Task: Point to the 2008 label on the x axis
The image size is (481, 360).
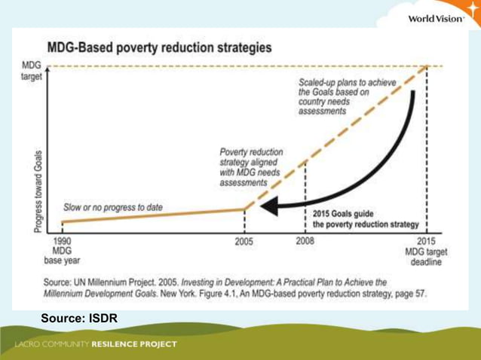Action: [x=305, y=241]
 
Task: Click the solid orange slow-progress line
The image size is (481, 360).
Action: [x=151, y=216]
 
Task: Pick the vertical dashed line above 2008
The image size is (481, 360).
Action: [x=305, y=196]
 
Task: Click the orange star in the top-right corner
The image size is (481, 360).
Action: [x=472, y=11]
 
